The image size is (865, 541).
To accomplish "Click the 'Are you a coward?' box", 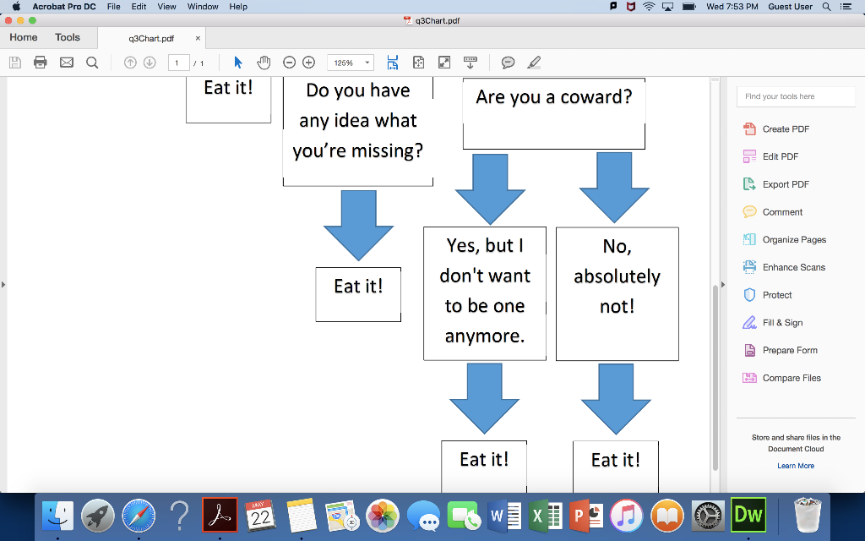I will [553, 113].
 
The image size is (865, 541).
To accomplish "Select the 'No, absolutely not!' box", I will [617, 293].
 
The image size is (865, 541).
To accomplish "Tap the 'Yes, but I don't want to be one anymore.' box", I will [485, 292].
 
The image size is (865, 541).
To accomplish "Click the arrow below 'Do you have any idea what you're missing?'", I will [358, 224].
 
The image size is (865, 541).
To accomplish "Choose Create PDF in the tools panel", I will [786, 129].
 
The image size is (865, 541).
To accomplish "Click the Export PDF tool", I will [786, 184].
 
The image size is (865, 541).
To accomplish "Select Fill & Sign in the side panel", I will [782, 323].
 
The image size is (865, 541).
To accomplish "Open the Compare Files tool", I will [792, 378].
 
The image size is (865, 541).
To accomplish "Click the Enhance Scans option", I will [793, 267].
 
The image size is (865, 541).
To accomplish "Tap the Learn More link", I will [796, 466].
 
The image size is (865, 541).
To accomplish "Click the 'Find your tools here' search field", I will [784, 96].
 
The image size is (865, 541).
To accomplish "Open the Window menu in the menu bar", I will [203, 7].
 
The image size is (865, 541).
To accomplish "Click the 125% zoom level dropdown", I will [351, 63].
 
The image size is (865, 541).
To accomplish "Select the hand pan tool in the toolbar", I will [264, 63].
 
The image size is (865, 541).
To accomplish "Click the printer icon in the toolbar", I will [41, 63].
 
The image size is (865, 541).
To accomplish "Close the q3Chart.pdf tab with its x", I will [198, 38].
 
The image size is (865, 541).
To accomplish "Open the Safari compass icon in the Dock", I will [139, 515].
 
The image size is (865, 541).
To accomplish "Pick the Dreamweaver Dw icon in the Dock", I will [748, 515].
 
